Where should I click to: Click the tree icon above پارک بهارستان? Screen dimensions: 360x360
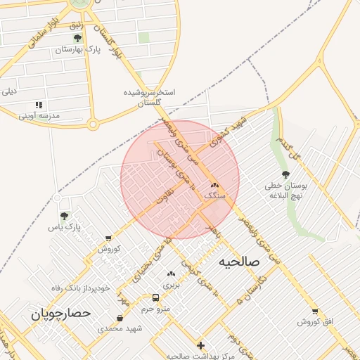pos(77,38)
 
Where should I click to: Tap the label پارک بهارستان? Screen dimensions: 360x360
pos(79,50)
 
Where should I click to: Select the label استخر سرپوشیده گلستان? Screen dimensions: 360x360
pos(149,98)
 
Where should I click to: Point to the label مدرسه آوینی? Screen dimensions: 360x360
pos(39,115)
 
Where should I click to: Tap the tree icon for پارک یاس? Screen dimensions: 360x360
pos(65,217)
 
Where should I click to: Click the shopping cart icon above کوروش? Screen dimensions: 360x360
pos(108,239)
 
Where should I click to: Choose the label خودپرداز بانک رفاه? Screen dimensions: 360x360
pos(81,288)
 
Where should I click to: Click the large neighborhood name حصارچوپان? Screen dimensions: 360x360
pos(61,313)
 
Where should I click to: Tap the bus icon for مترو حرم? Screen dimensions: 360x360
pos(156,297)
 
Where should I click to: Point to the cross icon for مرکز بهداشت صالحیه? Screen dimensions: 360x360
pos(200,345)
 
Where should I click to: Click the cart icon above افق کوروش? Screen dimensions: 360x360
pos(314,311)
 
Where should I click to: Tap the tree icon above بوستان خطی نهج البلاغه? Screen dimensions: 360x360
pos(285,174)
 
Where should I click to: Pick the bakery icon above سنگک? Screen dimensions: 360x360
pos(214,186)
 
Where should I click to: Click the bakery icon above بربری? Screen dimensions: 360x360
pos(171,274)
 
